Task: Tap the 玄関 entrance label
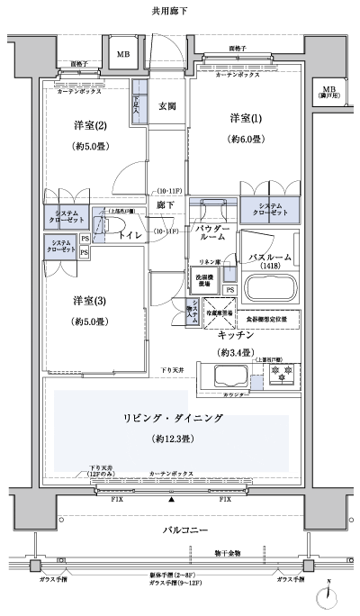168,105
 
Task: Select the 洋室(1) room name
246,119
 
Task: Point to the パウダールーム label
210,232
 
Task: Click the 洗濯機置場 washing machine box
202,279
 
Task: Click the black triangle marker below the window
172,498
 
